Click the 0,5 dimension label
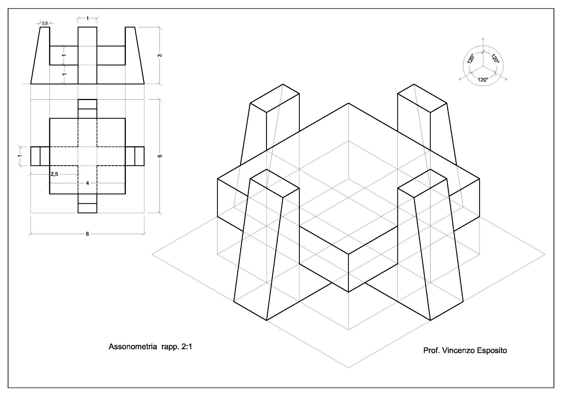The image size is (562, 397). pos(45,23)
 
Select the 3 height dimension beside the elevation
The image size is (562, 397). pos(161,55)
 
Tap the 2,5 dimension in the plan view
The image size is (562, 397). pos(54,174)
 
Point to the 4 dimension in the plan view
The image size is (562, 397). pos(87,183)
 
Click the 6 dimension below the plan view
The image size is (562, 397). pos(87,234)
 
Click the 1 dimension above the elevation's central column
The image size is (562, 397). pos(87,18)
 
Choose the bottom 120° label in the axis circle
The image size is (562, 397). pos(483,80)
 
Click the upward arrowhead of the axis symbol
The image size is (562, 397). pos(483,38)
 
